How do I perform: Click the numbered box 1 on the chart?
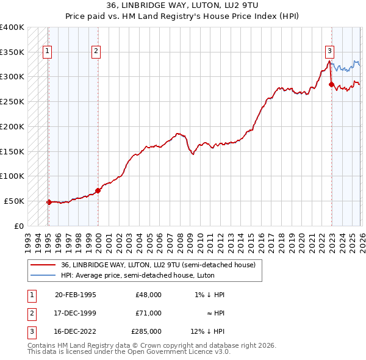coord(48,52)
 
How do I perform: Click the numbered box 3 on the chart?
coord(329,52)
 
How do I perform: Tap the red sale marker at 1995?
coord(49,201)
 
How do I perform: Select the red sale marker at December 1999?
coord(98,190)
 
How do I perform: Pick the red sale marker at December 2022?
coord(331,84)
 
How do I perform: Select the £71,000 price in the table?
coord(148,312)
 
